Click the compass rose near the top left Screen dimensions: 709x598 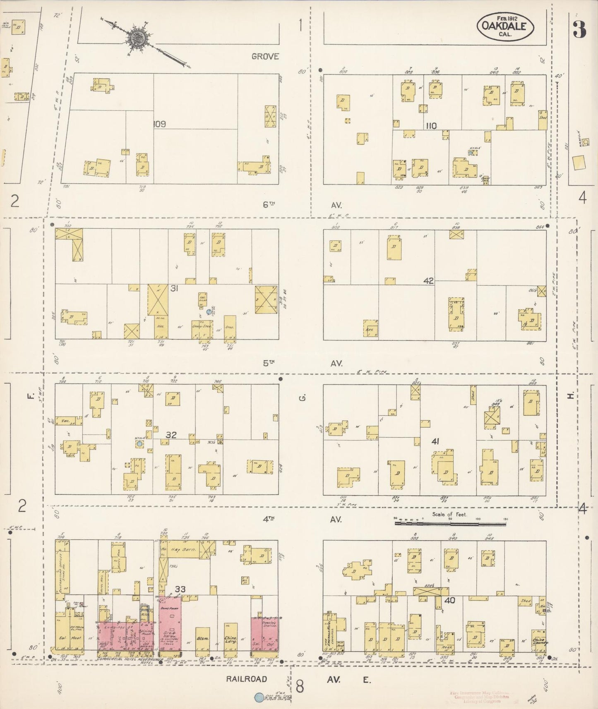click(x=137, y=37)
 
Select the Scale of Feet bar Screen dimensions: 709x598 click(x=450, y=523)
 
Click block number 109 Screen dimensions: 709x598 click(x=159, y=124)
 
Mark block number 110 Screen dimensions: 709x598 click(x=431, y=126)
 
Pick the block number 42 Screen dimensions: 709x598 click(x=428, y=281)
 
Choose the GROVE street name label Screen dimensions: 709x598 click(x=265, y=56)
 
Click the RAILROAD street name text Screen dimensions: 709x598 click(x=247, y=679)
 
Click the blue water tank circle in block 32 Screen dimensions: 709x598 click(x=140, y=443)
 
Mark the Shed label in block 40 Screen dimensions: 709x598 click(x=526, y=601)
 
